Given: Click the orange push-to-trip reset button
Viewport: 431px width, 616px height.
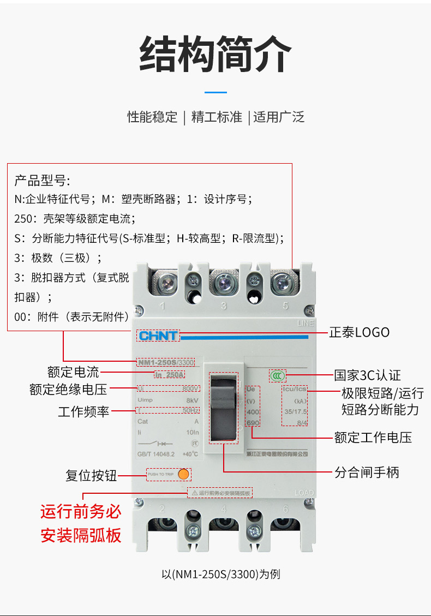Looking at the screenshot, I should click(183, 474).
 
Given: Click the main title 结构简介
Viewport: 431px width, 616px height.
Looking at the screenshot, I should click(215, 54).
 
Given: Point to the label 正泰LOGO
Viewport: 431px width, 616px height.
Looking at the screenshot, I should click(359, 332).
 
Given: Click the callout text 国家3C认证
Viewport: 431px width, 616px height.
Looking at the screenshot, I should click(367, 375).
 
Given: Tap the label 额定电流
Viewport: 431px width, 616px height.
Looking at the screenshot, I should click(73, 372).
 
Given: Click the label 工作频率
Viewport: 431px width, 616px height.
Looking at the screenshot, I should click(83, 411).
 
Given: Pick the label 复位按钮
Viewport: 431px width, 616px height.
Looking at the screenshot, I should click(91, 475).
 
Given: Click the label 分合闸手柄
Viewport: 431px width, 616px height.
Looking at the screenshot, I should click(367, 472).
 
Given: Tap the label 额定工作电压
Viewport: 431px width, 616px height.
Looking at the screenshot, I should click(373, 437).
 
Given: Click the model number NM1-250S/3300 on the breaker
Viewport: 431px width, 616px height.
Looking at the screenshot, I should click(165, 362).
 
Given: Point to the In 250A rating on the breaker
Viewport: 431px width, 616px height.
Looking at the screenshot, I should click(170, 375).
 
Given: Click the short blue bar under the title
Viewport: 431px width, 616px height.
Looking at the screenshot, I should click(215, 92).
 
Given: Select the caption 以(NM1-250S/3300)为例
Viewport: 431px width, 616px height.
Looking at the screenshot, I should click(221, 574).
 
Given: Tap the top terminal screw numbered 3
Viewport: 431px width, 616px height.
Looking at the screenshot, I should click(224, 283).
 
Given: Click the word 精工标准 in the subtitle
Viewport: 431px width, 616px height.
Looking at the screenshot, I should click(216, 117).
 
